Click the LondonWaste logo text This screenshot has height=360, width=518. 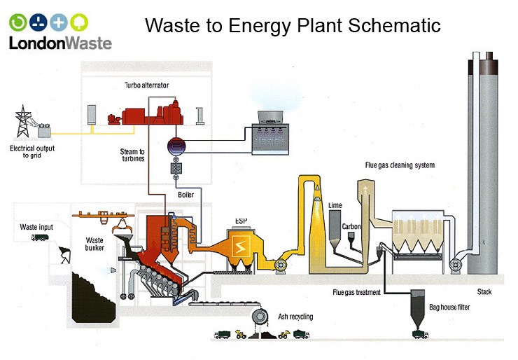tap(59, 43)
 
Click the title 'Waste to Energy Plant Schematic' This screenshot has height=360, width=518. tap(293, 26)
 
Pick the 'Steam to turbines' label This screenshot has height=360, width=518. tap(132, 155)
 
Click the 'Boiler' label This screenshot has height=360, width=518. tap(185, 195)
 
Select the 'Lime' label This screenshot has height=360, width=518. tap(335, 204)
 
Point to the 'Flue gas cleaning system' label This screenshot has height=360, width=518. tap(400, 165)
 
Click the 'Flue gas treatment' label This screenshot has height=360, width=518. tap(357, 292)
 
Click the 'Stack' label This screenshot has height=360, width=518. tap(484, 290)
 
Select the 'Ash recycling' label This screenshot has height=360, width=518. tap(295, 317)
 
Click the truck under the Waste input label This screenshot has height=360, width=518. tap(39, 237)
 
